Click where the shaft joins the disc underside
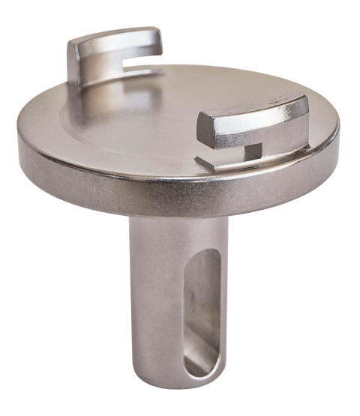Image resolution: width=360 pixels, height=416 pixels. pos(177,220)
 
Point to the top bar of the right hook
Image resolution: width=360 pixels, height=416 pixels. pos(251,112)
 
